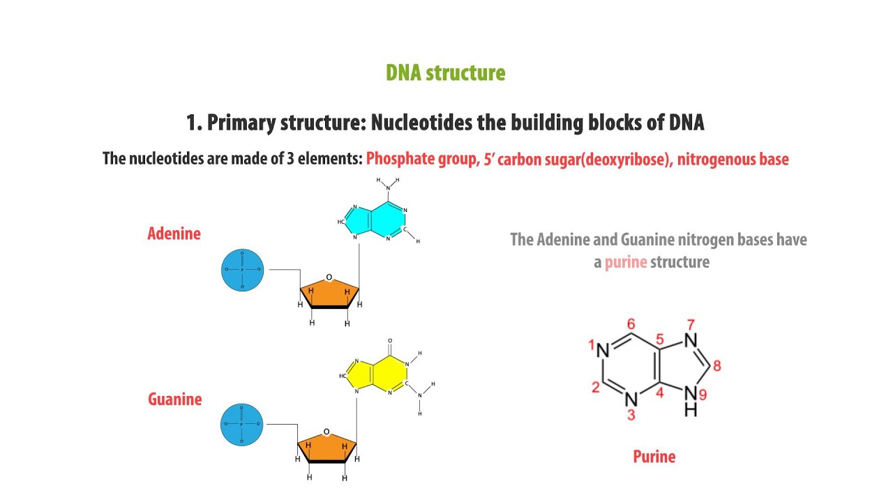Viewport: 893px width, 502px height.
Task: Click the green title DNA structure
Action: coord(445,73)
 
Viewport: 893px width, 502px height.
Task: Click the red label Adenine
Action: coord(174,234)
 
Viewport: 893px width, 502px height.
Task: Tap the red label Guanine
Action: coord(174,400)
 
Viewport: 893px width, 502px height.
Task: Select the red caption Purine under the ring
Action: coord(654,457)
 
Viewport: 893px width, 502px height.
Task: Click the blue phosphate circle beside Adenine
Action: coord(242,269)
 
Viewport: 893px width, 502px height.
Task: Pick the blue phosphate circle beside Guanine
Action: coord(241,424)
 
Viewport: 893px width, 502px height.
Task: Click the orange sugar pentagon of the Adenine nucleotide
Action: coord(329,294)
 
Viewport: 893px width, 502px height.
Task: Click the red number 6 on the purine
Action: coord(631,324)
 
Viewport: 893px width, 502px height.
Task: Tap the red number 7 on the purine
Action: coord(691,324)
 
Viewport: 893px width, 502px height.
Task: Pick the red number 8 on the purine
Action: coord(716,365)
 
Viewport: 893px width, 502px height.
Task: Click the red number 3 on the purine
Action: coord(631,416)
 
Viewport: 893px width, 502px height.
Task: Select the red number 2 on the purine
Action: coord(595,388)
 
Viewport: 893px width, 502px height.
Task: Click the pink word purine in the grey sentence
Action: coord(626,263)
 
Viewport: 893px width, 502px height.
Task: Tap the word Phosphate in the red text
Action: coord(395,159)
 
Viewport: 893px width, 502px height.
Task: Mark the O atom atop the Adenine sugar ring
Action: coord(329,277)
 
